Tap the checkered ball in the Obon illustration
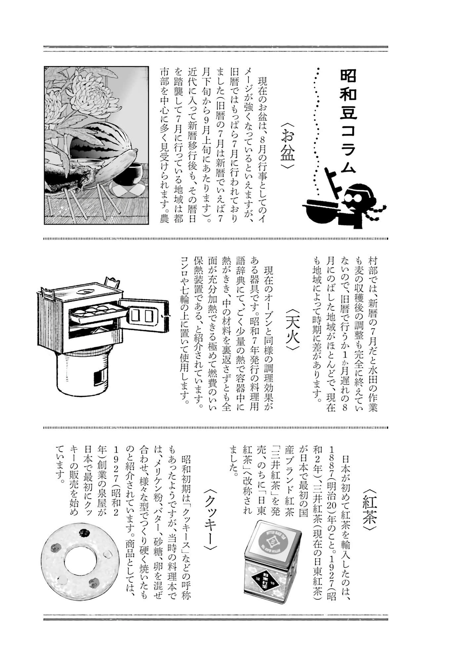tap(127, 190)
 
